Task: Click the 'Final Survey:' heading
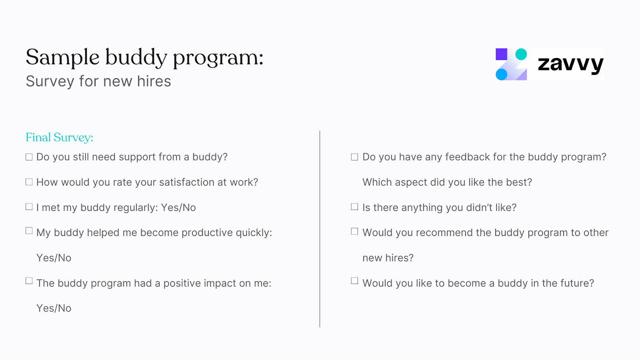[59, 138]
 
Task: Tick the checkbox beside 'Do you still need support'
[29, 157]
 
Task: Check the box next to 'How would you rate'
[29, 182]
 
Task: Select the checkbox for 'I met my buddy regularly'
[29, 207]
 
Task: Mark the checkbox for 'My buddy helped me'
[29, 231]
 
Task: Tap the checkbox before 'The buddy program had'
[29, 281]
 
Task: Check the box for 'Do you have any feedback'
[354, 157]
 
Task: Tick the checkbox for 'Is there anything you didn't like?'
[354, 207]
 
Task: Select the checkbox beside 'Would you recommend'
[354, 232]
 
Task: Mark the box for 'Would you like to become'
[354, 281]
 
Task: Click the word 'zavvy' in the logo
[570, 64]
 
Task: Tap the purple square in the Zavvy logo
[501, 54]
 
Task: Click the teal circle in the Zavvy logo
[521, 54]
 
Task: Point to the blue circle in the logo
[501, 74]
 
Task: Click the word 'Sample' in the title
[62, 57]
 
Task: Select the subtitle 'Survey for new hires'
[98, 82]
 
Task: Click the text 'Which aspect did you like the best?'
[447, 182]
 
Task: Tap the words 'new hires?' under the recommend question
[388, 258]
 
